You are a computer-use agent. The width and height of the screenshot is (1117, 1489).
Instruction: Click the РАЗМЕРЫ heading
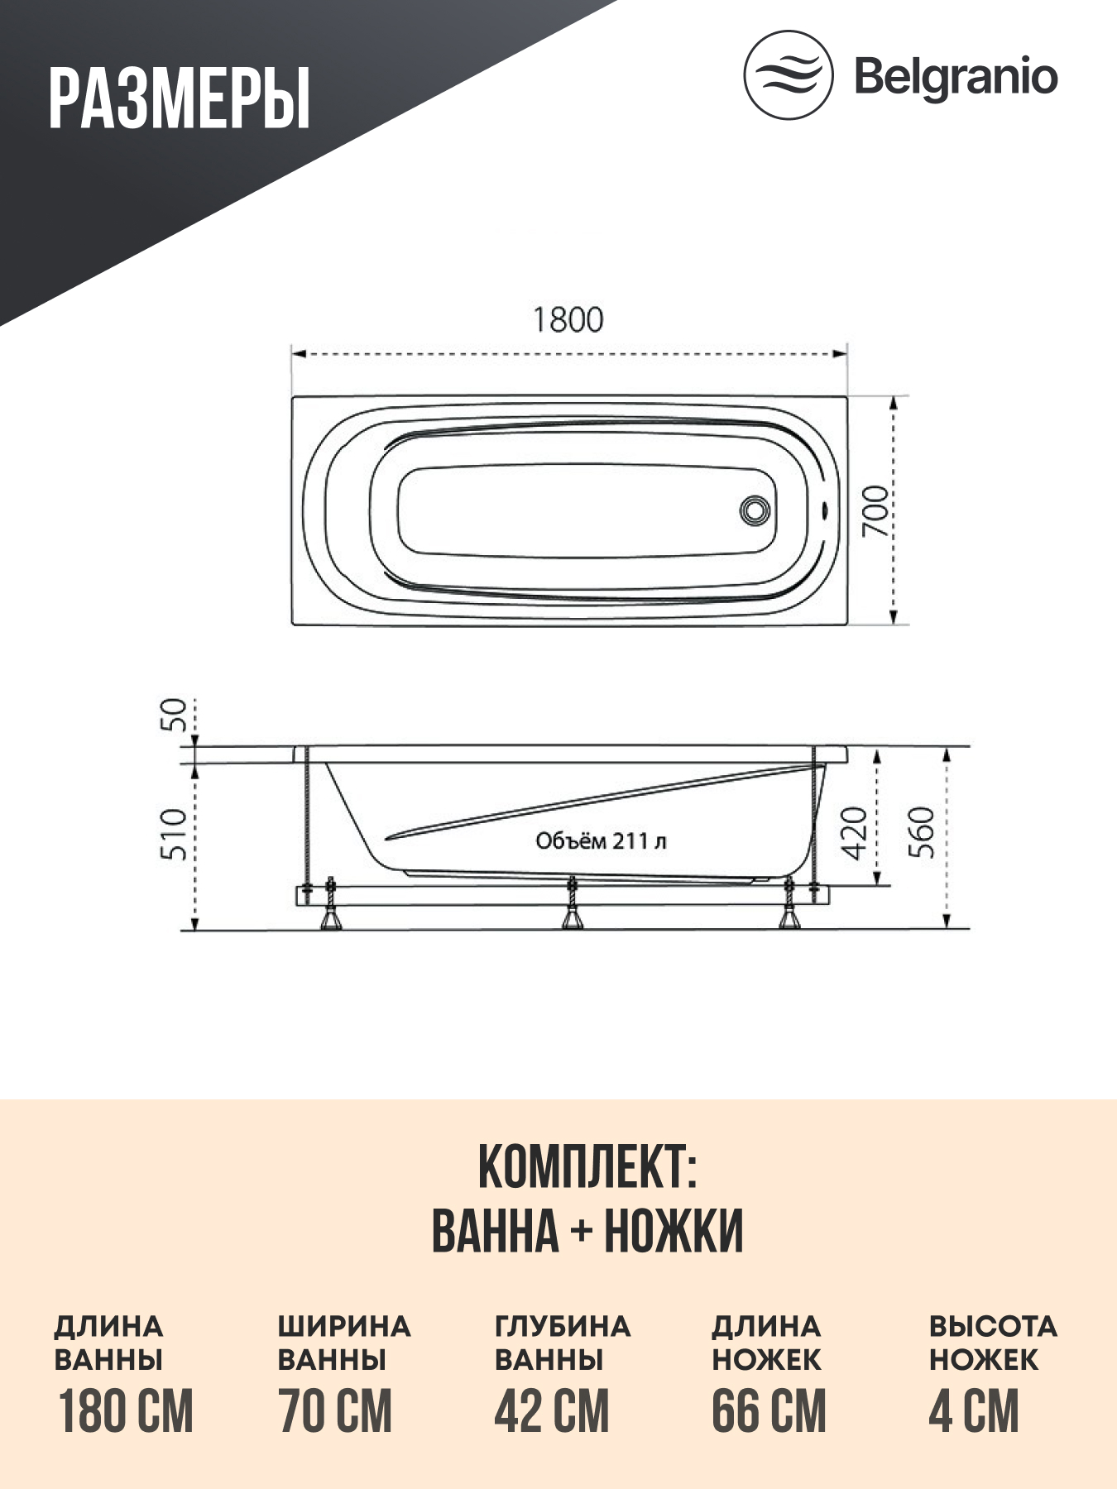coord(179,99)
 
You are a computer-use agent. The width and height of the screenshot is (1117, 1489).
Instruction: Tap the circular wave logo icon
coord(788,75)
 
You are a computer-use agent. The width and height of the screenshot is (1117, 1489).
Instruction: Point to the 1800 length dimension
coord(568,319)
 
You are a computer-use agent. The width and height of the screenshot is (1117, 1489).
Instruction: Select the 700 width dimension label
coord(875,510)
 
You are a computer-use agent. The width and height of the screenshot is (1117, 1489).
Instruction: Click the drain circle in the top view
coord(755,510)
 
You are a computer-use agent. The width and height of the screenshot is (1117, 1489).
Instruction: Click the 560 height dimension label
coord(922,833)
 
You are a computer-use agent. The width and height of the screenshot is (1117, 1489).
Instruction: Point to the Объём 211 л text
coord(601,841)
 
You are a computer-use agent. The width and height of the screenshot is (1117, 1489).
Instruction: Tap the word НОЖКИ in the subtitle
coord(674,1231)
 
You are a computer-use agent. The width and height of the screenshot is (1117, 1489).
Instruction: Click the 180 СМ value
coord(126,1411)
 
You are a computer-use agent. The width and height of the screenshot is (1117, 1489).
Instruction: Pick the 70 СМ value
coord(335,1411)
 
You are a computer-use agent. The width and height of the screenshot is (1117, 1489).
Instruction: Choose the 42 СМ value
coord(552,1411)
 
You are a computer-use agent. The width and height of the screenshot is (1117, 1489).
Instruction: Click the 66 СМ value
coord(769,1411)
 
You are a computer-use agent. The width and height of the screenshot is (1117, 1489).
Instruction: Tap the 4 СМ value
coord(974,1411)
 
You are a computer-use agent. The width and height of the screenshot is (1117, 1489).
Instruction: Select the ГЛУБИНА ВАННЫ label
coord(563,1343)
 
